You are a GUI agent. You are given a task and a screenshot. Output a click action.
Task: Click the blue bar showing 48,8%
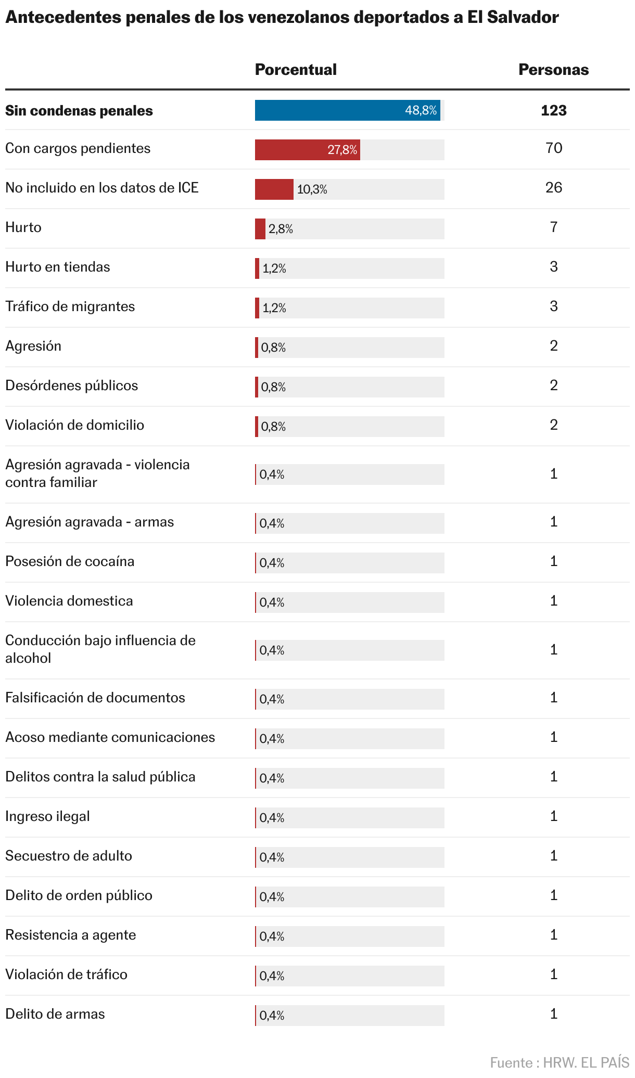347,110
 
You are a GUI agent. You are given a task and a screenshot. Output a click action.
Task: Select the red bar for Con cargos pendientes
307,150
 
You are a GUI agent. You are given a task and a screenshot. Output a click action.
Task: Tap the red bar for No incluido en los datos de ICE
274,189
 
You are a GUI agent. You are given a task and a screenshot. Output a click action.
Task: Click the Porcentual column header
296,70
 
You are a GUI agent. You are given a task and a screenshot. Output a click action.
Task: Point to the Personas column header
553,70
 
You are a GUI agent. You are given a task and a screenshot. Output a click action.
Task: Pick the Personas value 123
553,110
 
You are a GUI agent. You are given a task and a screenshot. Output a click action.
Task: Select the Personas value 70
554,148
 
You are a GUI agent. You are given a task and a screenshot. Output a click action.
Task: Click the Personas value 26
554,188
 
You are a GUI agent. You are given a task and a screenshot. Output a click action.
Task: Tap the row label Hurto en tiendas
58,267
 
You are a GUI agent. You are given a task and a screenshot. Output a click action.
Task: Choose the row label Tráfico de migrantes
70,306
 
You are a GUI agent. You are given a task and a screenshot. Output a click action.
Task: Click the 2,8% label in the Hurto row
281,229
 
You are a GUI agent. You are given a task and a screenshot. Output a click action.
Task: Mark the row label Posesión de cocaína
70,561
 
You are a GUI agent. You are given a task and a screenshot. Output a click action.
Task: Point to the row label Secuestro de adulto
69,856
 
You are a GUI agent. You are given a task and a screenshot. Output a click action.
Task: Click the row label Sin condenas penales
79,111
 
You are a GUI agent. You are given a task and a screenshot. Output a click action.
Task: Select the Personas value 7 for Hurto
554,227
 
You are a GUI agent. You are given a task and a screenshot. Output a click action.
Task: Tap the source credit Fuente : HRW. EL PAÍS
560,1062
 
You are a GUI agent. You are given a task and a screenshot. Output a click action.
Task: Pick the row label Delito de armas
55,1014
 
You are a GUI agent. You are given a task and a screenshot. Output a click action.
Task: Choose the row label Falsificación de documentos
95,698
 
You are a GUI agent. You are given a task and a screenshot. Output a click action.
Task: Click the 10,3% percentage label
312,189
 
